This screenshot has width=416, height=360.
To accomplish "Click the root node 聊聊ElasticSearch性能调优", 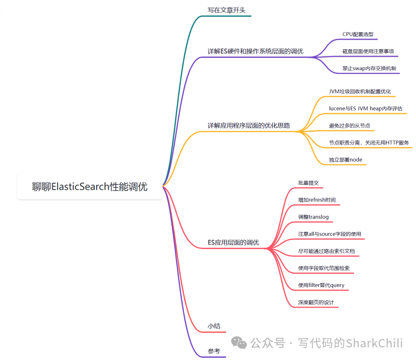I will pos(89,187).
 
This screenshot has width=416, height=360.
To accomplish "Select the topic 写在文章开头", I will pos(226,10).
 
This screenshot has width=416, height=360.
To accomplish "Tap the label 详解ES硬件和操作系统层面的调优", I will pos(255,51).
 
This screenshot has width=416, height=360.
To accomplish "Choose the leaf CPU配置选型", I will pos(357,34).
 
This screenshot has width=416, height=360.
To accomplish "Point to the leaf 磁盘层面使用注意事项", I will pos(368,51).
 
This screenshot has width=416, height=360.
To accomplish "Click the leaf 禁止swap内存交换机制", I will pos(369,68).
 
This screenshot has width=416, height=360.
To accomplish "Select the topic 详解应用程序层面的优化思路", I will pos(248,126).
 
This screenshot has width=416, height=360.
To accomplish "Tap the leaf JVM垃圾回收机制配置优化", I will pos(360,91).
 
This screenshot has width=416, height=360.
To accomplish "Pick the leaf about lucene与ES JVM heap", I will pos(366,108).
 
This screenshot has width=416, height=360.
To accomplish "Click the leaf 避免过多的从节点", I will pos(349,126).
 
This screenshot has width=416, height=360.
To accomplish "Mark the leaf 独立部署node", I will pos(345,159).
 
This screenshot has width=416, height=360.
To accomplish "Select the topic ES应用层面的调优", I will pos(233,243).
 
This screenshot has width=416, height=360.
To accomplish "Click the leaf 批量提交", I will pos(308,183).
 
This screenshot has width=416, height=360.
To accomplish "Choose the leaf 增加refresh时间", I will pos(317,200).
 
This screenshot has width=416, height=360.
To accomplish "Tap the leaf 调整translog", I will pos(313,217).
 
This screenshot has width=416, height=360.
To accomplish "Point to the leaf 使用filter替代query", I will pos(321,285).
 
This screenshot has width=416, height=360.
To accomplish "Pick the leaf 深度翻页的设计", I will pos(315,302).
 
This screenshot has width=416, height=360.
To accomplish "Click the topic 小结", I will pos(214,326).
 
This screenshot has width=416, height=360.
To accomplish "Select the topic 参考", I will pos(214,351).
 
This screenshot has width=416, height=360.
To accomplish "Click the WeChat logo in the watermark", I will pos(239,342).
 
